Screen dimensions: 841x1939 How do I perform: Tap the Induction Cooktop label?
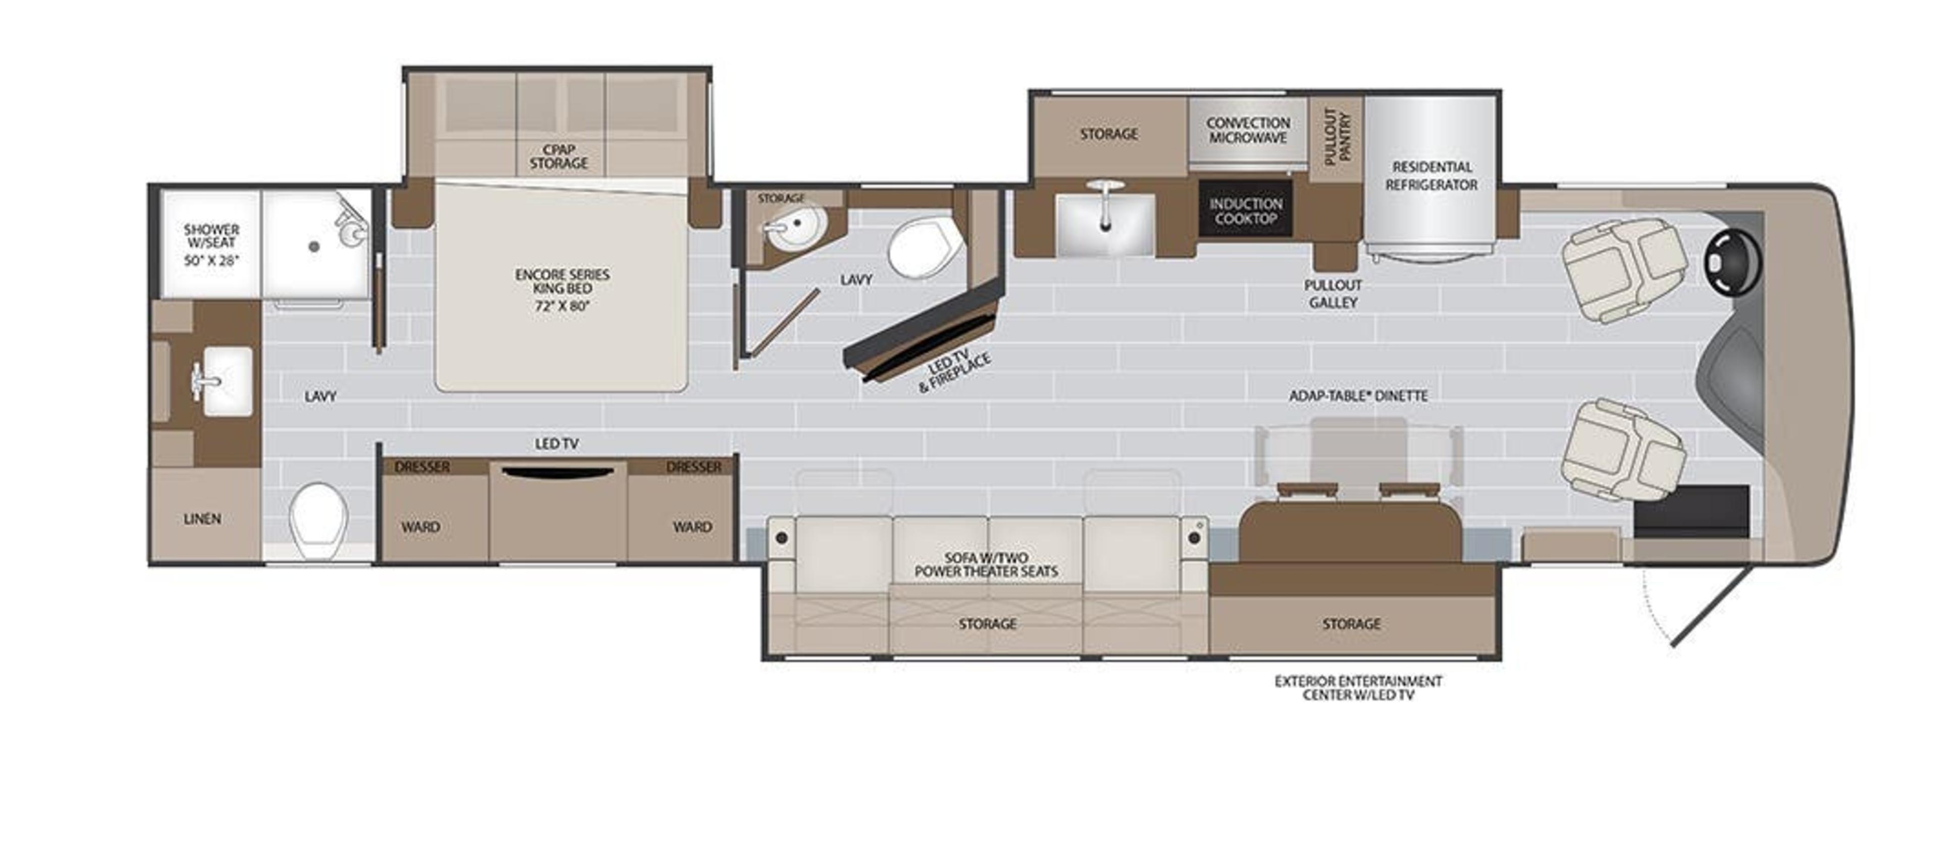pyautogui.click(x=1246, y=211)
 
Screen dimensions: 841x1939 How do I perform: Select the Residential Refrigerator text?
pyautogui.click(x=1432, y=175)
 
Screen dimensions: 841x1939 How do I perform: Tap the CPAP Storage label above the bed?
pyautogui.click(x=558, y=157)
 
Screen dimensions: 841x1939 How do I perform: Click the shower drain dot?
pyautogui.click(x=316, y=246)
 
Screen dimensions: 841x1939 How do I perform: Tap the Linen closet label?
pyautogui.click(x=202, y=519)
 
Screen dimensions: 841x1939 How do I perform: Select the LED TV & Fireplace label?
pyautogui.click(x=954, y=373)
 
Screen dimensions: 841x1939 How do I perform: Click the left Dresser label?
pyautogui.click(x=422, y=467)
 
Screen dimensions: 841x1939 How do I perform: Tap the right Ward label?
pyautogui.click(x=692, y=527)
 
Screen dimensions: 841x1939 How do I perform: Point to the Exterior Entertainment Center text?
pyautogui.click(x=1358, y=687)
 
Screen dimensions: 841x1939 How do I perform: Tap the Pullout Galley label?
pyautogui.click(x=1333, y=293)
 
